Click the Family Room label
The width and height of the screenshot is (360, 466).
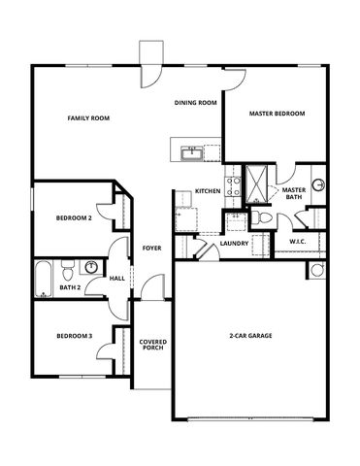pyautogui.click(x=88, y=118)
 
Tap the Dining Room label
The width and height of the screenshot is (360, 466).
pyautogui.click(x=195, y=103)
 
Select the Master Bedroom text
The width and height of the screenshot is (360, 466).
pyautogui.click(x=277, y=114)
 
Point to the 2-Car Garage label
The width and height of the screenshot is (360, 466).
pyautogui.click(x=250, y=336)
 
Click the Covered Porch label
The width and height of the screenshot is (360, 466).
pyautogui.click(x=153, y=345)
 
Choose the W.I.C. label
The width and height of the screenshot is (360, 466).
pyautogui.click(x=298, y=242)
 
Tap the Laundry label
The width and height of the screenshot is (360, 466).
pyautogui.click(x=234, y=244)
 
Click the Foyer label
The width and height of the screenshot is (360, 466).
pyautogui.click(x=152, y=249)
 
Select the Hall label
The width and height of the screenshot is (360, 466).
pyautogui.click(x=117, y=279)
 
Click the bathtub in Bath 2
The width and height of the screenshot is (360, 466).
pyautogui.click(x=44, y=279)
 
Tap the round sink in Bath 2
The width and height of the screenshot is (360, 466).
pyautogui.click(x=91, y=267)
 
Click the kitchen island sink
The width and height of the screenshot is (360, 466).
pyautogui.click(x=192, y=153)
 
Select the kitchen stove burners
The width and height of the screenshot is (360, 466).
pyautogui.click(x=233, y=186)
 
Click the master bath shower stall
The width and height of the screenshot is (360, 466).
pyautogui.click(x=256, y=183)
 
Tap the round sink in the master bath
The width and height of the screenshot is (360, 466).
pyautogui.click(x=318, y=184)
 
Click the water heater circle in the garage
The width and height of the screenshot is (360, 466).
pyautogui.click(x=316, y=270)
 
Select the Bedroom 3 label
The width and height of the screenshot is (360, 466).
pyautogui.click(x=75, y=336)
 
